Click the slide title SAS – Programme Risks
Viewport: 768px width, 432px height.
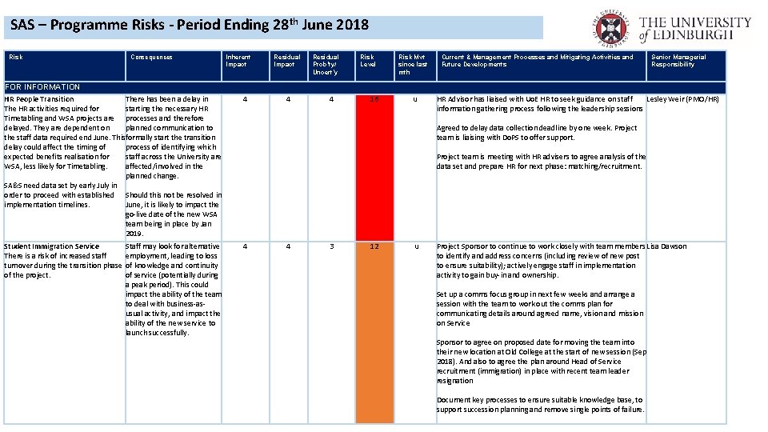pos(190,25)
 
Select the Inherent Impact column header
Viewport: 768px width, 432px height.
pos(238,61)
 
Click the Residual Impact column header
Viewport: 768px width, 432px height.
pos(286,61)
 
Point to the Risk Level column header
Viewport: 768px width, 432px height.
pos(367,61)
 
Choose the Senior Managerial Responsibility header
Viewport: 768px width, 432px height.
pos(678,61)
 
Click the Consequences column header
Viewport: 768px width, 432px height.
pos(152,58)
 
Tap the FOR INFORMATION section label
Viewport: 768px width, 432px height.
pos(42,86)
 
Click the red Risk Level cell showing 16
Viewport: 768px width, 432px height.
pos(369,168)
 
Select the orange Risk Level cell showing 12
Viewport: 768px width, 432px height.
pos(369,332)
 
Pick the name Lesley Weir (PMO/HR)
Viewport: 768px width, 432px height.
pos(682,99)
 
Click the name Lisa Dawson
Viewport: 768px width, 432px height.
pos(666,246)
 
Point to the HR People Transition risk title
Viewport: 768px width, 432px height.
pos(39,99)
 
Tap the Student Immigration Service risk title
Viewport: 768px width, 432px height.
pos(52,246)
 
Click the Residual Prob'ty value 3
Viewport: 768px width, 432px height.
pos(331,246)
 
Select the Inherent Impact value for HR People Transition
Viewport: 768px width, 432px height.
pos(245,99)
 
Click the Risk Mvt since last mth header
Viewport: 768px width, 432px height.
pos(413,65)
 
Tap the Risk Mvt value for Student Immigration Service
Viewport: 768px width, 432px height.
pos(414,246)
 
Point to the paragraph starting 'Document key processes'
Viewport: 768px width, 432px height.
pos(540,405)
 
